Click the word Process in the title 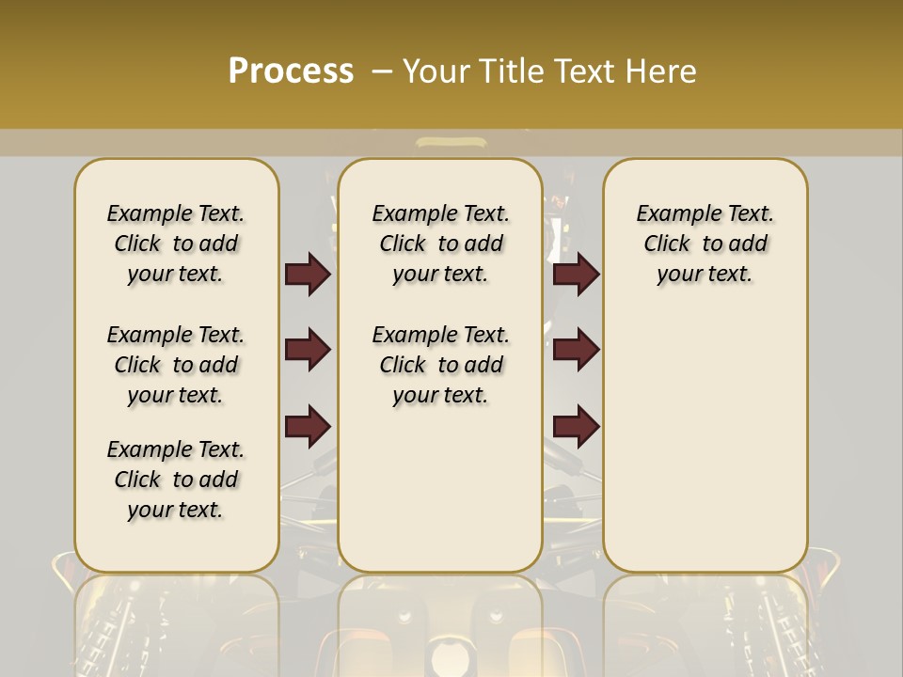(x=291, y=71)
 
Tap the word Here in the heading (x=660, y=71)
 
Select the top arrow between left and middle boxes (x=308, y=274)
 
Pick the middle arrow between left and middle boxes (x=308, y=350)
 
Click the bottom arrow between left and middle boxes (x=308, y=426)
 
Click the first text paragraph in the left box (x=176, y=244)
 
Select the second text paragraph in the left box (x=176, y=365)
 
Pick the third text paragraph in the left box (x=176, y=480)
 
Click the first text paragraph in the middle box (x=440, y=244)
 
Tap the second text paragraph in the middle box (x=440, y=365)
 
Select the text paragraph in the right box (x=705, y=244)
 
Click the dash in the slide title (x=383, y=71)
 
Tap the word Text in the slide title (x=586, y=71)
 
